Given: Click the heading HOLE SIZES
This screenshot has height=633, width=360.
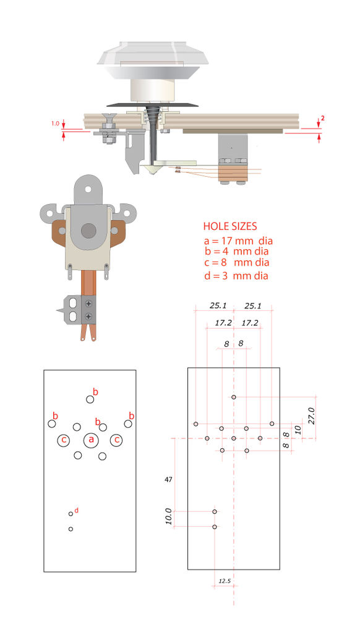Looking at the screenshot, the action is click(x=229, y=226).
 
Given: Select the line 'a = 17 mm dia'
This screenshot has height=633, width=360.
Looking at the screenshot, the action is click(x=238, y=242).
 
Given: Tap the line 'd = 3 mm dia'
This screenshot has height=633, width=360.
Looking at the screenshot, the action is click(x=236, y=276).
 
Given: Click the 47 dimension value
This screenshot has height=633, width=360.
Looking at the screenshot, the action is click(x=168, y=480).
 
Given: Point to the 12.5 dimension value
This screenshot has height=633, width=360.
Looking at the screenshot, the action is click(x=225, y=581).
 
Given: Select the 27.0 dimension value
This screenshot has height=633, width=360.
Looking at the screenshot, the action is click(x=311, y=415).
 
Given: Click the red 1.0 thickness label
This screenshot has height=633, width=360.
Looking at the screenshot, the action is click(x=55, y=124).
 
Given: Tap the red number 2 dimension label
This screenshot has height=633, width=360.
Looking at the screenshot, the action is click(x=323, y=119).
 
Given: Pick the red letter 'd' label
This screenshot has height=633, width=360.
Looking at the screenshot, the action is click(x=76, y=510).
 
